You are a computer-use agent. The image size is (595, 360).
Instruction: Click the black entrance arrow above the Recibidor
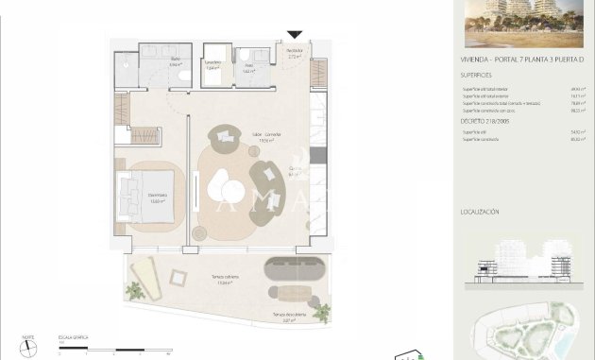tap(295, 35)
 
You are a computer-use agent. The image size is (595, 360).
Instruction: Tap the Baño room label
tap(175, 60)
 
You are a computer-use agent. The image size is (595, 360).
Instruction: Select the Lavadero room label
tap(212, 65)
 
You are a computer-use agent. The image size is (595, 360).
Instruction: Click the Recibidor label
tap(294, 53)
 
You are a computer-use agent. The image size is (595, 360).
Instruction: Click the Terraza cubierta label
tap(224, 280)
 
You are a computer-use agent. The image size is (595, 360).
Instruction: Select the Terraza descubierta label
tap(289, 315)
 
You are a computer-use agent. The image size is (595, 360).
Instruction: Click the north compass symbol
tap(29, 347)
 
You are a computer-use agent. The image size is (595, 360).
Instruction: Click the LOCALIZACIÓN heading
tap(481, 212)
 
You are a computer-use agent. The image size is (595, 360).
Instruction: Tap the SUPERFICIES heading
tap(478, 73)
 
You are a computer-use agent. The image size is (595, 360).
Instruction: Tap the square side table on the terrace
tap(177, 277)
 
